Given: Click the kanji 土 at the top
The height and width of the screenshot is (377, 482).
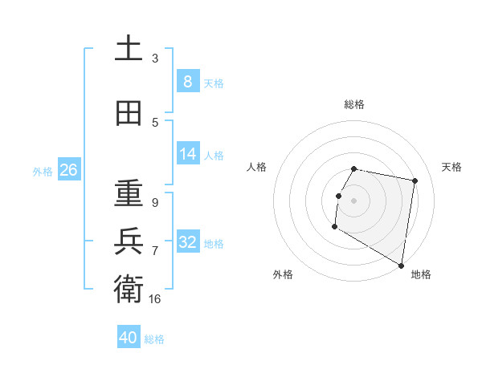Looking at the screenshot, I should click(x=129, y=49).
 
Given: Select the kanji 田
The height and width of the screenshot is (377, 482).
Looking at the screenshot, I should click(x=129, y=113).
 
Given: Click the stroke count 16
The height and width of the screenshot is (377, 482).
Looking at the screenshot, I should click(x=155, y=299).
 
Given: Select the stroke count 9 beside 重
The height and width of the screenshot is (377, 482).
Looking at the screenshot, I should click(x=155, y=203).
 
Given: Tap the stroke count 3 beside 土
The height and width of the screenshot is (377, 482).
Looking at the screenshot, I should click(x=155, y=59).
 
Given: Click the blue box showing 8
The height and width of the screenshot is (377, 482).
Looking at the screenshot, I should click(x=187, y=81).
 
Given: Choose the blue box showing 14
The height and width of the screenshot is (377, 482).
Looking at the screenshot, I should click(x=187, y=153).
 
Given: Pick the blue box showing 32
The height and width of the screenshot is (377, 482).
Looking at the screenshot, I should click(x=187, y=241).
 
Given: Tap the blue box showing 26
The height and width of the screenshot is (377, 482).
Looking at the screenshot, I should click(x=68, y=169).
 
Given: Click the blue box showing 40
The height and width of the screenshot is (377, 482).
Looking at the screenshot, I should click(x=129, y=338).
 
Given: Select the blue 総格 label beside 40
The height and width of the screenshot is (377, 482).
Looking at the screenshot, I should click(x=154, y=339).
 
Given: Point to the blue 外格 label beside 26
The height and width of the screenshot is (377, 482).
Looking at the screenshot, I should click(x=42, y=171).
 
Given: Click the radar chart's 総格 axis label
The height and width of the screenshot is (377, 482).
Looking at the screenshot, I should click(x=354, y=104).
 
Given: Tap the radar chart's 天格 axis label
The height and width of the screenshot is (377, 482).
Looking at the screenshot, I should click(x=451, y=167).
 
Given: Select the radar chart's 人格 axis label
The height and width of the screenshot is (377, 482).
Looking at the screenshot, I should click(x=256, y=167).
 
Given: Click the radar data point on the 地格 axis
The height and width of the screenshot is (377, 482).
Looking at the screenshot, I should click(x=402, y=265).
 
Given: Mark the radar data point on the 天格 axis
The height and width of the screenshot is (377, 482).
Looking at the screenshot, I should click(x=415, y=181).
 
